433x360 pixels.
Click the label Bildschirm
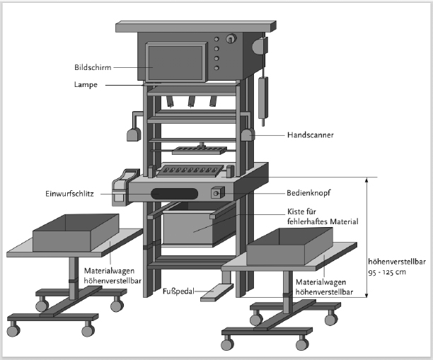[x=93, y=67]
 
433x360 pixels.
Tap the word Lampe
[x=86, y=84]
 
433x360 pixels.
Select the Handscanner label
[x=311, y=135]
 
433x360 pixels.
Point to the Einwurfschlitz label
[x=69, y=194]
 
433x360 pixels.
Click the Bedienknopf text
[x=308, y=192]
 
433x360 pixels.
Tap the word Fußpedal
[x=178, y=291]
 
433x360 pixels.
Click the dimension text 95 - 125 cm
[x=387, y=272]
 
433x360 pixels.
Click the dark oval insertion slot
[x=175, y=194]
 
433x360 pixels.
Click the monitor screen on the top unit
[x=175, y=63]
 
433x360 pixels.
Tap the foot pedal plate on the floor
[x=216, y=293]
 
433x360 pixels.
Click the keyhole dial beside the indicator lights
[x=231, y=39]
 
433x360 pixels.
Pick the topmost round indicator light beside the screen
[x=216, y=39]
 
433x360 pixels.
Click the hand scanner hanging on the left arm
[x=134, y=134]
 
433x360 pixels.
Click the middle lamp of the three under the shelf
[x=191, y=101]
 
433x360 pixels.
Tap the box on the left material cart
[x=76, y=233]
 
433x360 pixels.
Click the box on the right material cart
[x=289, y=246]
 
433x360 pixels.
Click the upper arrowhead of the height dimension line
[x=366, y=180]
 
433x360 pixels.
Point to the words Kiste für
[x=301, y=211]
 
